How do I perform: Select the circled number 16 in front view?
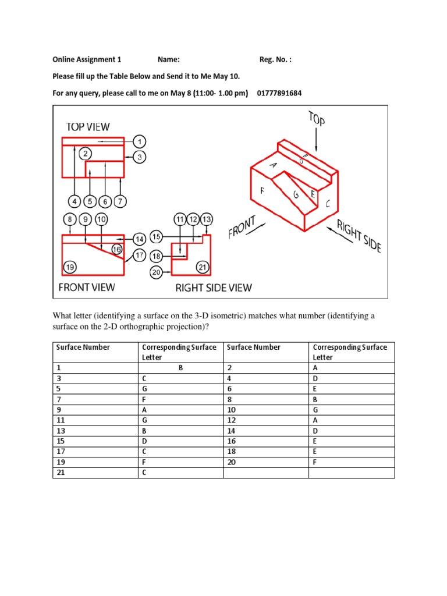click(117, 250)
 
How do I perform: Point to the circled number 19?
click(70, 267)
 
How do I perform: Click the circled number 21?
click(202, 267)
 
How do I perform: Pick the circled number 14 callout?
click(139, 239)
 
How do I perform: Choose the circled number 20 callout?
click(156, 272)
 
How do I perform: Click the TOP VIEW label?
click(87, 126)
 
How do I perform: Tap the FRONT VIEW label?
click(87, 287)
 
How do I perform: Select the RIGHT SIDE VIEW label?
click(214, 288)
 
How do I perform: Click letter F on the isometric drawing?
click(262, 190)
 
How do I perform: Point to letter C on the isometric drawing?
click(328, 204)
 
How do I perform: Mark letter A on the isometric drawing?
click(272, 165)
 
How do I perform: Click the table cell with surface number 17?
click(60, 451)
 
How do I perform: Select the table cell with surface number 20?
click(231, 462)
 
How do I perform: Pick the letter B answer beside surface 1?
click(180, 368)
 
